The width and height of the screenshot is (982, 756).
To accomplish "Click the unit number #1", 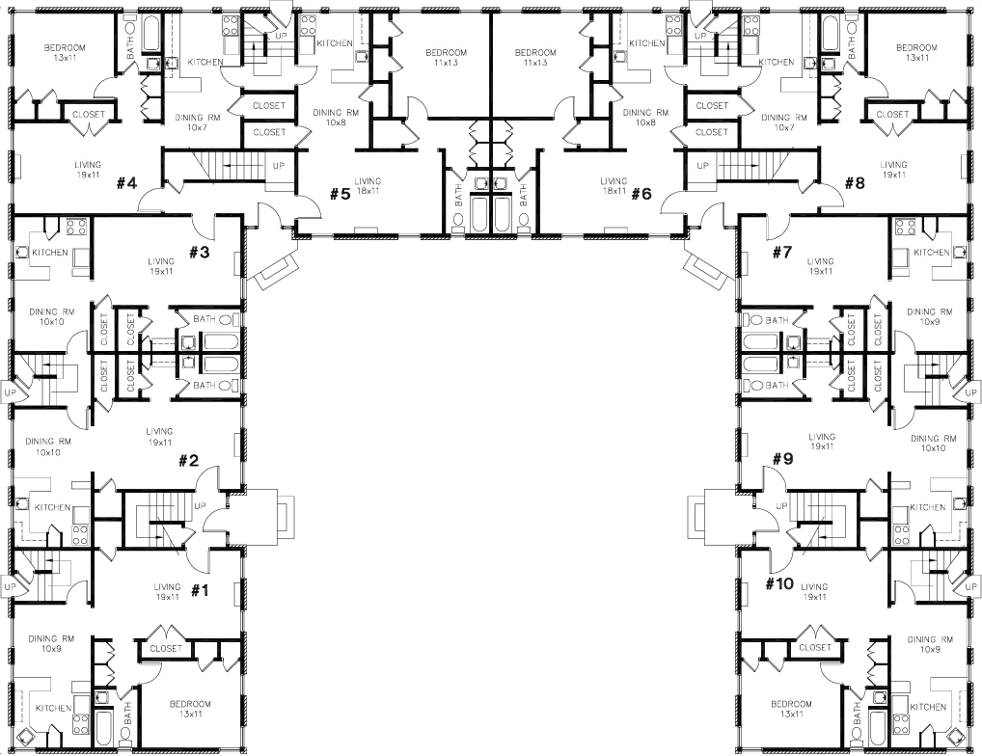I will pyautogui.click(x=200, y=590).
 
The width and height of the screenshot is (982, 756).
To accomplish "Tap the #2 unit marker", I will pyautogui.click(x=188, y=460).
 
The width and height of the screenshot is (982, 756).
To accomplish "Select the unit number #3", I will pyautogui.click(x=199, y=253).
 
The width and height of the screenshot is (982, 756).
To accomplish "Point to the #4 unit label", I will pyautogui.click(x=127, y=182).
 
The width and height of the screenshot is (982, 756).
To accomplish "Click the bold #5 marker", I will pyautogui.click(x=339, y=194).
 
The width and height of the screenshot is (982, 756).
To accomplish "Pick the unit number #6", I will pyautogui.click(x=641, y=194).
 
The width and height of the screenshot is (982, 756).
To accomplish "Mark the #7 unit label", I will pyautogui.click(x=781, y=253).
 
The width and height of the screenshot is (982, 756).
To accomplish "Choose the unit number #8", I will pyautogui.click(x=855, y=182).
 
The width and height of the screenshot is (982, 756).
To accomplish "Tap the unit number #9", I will pyautogui.click(x=781, y=460).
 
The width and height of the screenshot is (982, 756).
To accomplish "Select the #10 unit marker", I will pyautogui.click(x=778, y=583).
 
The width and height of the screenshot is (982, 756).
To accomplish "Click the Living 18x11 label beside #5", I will pyautogui.click(x=368, y=186).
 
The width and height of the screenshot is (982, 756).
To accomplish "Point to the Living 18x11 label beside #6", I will pyautogui.click(x=614, y=186).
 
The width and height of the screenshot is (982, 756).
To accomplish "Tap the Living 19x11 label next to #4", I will pyautogui.click(x=87, y=170).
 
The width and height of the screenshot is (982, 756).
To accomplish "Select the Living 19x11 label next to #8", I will pyautogui.click(x=893, y=170).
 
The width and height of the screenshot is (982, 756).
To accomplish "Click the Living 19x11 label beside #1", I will pyautogui.click(x=167, y=591).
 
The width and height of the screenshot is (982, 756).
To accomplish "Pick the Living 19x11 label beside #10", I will pyautogui.click(x=814, y=591).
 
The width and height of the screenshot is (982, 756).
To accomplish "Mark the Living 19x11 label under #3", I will pyautogui.click(x=161, y=266).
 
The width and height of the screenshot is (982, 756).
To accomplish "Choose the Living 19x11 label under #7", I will pyautogui.click(x=821, y=266).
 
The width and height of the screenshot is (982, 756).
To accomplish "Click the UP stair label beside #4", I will pyautogui.click(x=279, y=166).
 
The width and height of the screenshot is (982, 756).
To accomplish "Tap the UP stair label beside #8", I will pyautogui.click(x=701, y=166).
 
